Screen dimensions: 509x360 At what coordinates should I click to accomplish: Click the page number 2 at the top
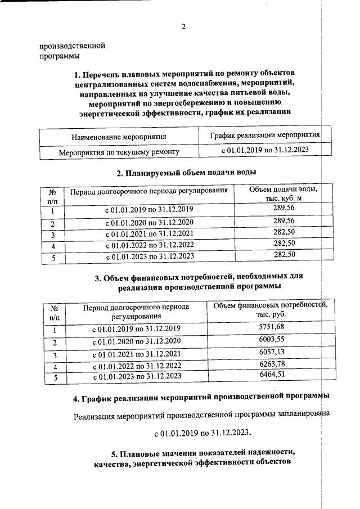tap(183, 26)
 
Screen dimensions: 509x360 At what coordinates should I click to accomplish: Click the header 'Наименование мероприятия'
tap(118, 137)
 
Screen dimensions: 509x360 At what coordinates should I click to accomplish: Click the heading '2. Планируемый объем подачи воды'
tap(186, 172)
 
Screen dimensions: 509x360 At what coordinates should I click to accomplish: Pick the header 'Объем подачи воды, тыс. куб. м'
tap(283, 194)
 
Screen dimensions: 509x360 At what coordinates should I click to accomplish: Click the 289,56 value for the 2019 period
tap(283, 210)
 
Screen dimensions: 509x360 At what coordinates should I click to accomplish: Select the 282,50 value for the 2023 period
tap(283, 256)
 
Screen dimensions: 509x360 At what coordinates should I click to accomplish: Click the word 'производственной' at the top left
tap(73, 46)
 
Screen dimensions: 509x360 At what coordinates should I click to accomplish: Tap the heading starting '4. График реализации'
tap(201, 399)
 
